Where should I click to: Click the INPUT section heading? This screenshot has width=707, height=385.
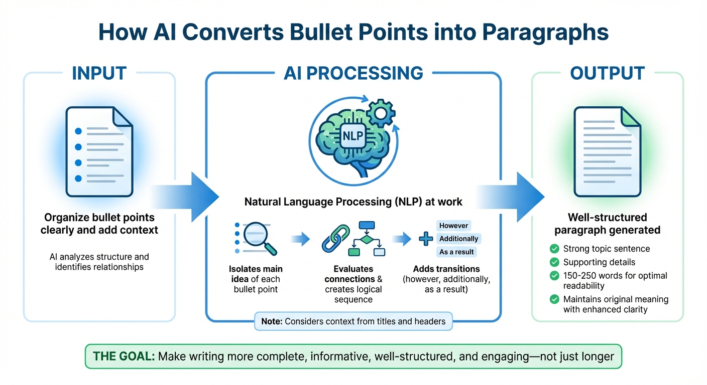click(99, 73)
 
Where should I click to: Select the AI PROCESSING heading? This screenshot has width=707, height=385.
click(353, 73)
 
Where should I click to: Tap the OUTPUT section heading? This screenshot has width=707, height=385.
click(607, 73)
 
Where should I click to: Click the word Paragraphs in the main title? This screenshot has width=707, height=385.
click(545, 32)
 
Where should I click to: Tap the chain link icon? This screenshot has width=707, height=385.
click(335, 239)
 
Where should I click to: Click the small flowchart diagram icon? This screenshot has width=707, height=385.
click(369, 239)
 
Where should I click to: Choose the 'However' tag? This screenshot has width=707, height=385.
click(454, 226)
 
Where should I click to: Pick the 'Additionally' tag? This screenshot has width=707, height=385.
click(459, 239)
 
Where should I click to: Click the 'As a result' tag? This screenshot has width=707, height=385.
click(456, 252)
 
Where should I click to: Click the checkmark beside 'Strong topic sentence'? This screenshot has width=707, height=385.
click(554, 249)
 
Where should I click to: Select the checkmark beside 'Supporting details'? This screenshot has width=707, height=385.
click(554, 262)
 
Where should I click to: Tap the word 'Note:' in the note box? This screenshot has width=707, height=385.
click(272, 321)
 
